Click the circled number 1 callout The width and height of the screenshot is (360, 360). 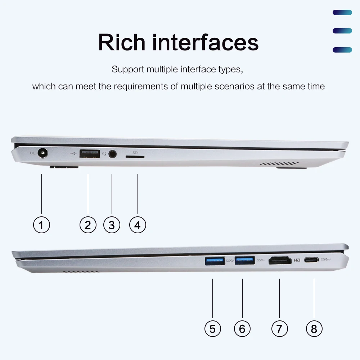41,225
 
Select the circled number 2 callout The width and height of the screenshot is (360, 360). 88,225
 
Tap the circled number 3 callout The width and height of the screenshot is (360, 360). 112,225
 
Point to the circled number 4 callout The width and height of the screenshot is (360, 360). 138,225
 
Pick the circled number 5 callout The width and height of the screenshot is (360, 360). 212,329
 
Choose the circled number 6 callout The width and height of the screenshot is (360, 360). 242,329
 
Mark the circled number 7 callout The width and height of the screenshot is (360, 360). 280,329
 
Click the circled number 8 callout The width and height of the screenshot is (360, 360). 314,329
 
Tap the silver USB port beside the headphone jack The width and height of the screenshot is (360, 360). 89,154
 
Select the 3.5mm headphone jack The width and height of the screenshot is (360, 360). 113,154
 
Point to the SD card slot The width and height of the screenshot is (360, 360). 135,157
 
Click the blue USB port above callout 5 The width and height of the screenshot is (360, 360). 215,260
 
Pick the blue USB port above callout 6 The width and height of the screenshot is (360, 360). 244,260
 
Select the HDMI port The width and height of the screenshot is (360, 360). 280,260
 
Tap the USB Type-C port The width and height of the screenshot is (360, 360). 311,260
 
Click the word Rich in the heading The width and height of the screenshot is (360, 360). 121,42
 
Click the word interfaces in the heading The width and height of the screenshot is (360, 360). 205,42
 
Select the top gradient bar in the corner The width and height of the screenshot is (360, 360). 342,13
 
